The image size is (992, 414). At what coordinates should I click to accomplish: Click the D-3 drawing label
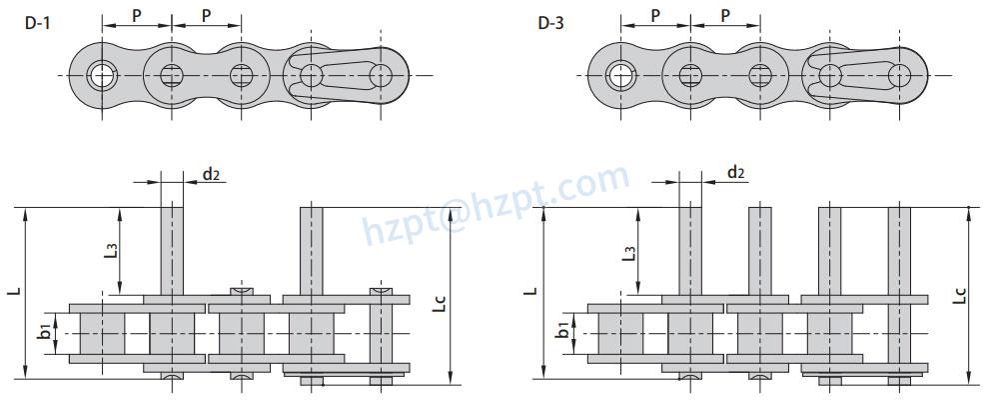[x=550, y=22]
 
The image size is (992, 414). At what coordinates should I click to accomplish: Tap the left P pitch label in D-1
[x=137, y=15]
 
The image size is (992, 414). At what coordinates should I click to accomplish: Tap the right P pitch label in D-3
[x=725, y=15]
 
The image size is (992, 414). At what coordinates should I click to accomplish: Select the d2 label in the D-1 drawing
[x=212, y=174]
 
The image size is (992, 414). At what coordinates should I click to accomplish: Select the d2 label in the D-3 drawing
[x=735, y=173]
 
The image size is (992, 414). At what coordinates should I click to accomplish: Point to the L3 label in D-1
[x=111, y=249]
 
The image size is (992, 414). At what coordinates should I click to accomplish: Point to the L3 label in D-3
[x=628, y=250]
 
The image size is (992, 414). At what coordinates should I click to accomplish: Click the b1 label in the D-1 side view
[x=44, y=331]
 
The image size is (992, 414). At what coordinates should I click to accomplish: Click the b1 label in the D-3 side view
[x=562, y=331]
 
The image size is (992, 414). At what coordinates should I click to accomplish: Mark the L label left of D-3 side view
[x=530, y=292]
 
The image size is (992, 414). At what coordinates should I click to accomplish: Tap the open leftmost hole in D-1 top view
[x=101, y=75]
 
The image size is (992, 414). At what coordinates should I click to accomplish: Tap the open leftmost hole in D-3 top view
[x=619, y=75]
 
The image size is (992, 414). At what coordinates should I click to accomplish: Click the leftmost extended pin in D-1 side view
[x=171, y=250]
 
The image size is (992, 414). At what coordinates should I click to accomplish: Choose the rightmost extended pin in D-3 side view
[x=900, y=250]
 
